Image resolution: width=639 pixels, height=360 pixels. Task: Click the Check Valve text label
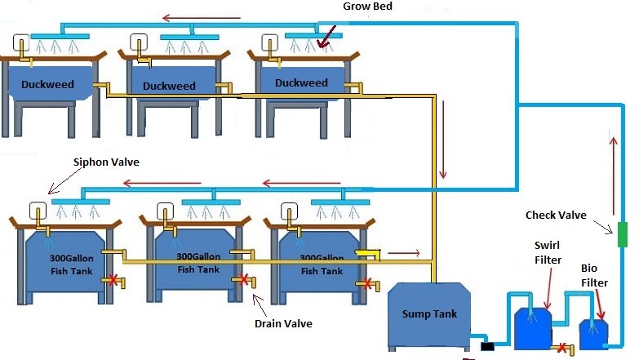(x=556, y=216)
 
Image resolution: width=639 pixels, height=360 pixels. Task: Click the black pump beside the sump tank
(x=487, y=346)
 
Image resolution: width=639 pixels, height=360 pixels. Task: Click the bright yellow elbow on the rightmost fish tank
(x=367, y=256)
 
